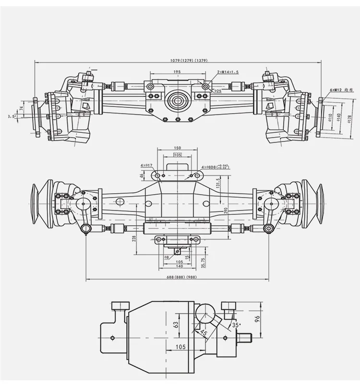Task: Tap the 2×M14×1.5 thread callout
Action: pos(228,72)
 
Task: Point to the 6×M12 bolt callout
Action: pos(341,90)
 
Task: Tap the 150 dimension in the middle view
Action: pos(178,149)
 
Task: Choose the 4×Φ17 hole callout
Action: pos(146,165)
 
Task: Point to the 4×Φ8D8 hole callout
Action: pos(215,166)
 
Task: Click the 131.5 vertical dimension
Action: pos(218,184)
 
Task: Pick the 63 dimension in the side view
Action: pos(176,325)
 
